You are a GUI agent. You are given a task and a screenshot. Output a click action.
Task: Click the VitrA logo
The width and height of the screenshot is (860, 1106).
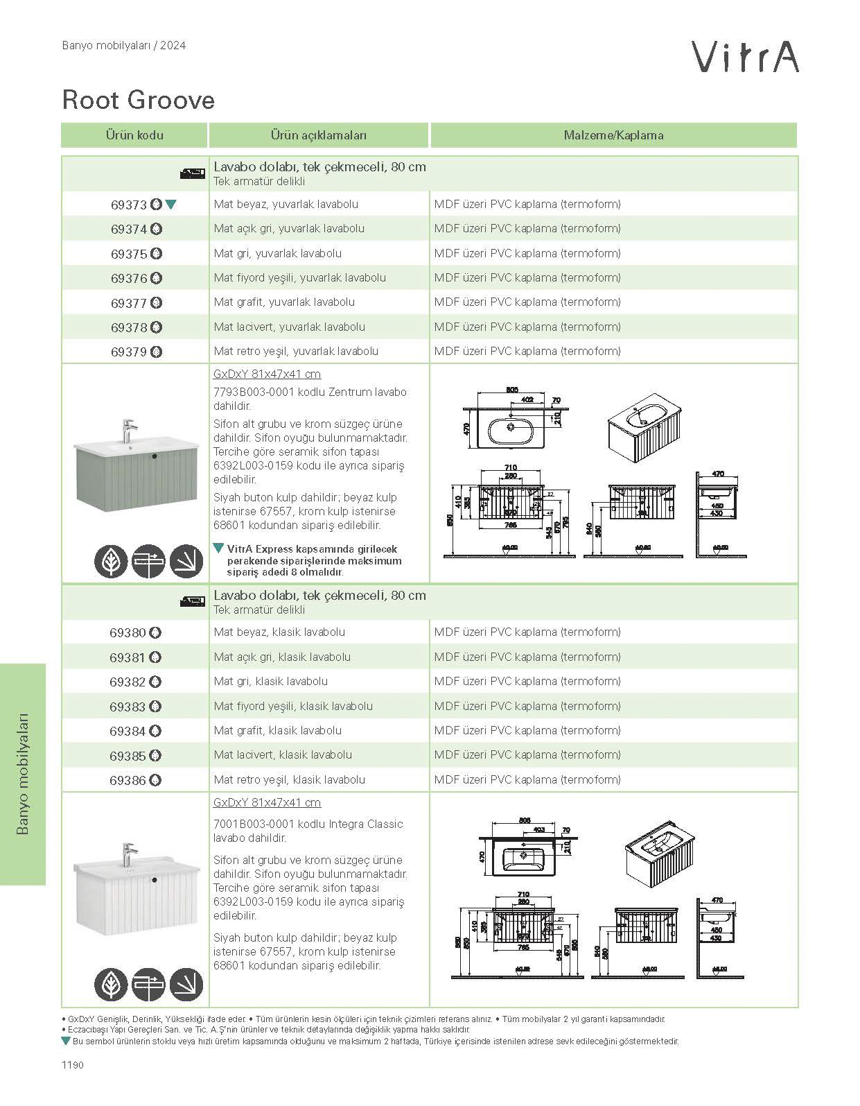[x=746, y=57]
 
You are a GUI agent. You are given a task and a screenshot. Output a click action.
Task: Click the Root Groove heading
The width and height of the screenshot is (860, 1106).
[x=139, y=100]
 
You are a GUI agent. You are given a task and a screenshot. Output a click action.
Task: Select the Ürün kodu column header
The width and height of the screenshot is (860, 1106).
[x=134, y=135]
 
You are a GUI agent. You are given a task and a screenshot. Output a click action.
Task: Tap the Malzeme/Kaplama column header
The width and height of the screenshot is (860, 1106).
[x=613, y=135]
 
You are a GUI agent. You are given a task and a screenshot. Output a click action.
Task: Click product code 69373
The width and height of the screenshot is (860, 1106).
[x=129, y=205]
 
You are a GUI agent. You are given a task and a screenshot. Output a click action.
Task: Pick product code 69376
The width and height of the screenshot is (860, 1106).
[x=129, y=278]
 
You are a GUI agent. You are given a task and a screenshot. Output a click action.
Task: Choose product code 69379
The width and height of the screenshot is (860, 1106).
[x=129, y=352]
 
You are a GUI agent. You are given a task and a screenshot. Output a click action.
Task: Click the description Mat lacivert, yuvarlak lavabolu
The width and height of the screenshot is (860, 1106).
[x=290, y=327]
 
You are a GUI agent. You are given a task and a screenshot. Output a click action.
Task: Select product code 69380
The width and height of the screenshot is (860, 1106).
[x=128, y=632]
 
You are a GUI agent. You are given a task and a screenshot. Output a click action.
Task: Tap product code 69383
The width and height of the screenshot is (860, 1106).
[x=128, y=707]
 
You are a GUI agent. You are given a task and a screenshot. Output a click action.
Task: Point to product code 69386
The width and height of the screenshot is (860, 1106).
[x=128, y=780]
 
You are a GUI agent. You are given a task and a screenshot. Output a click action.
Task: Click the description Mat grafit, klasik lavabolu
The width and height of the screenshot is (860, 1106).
[x=278, y=730]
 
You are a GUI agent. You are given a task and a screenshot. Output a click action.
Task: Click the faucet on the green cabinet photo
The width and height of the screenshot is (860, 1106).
[x=128, y=429]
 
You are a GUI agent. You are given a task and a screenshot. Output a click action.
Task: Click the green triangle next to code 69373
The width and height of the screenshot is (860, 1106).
[x=171, y=205]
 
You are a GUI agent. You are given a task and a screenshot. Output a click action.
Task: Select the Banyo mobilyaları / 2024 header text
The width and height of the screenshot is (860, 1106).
[x=124, y=46]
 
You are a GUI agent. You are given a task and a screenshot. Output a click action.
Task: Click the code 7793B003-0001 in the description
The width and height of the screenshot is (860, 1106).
[x=254, y=392]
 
